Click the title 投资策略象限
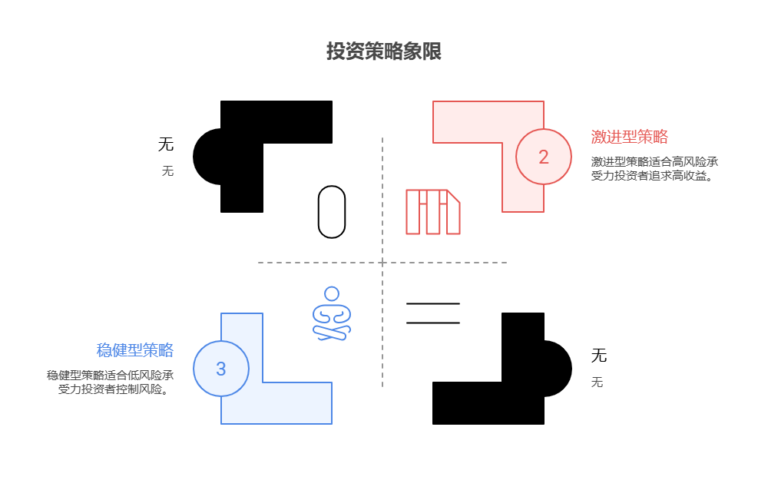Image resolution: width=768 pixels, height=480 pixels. pyautogui.click(x=383, y=52)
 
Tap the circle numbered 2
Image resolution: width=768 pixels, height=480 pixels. pyautogui.click(x=544, y=157)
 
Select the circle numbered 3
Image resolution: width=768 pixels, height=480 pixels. pyautogui.click(x=221, y=369)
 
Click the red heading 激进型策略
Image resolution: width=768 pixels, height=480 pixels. pyautogui.click(x=629, y=137)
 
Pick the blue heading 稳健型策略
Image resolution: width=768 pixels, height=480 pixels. pyautogui.click(x=134, y=350)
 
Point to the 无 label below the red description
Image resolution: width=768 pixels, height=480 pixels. pyautogui.click(x=597, y=382)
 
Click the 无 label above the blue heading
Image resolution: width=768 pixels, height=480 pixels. pyautogui.click(x=167, y=171)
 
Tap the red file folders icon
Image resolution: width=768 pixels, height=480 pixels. pyautogui.click(x=433, y=212)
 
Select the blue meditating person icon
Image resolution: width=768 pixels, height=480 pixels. pyautogui.click(x=332, y=314)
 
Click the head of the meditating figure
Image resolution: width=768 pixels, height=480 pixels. pyautogui.click(x=332, y=293)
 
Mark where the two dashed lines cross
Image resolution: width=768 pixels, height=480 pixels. pyautogui.click(x=382, y=263)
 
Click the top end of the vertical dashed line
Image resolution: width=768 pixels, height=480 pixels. pyautogui.click(x=382, y=139)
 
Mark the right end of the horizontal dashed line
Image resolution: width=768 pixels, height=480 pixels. pyautogui.click(x=506, y=263)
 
